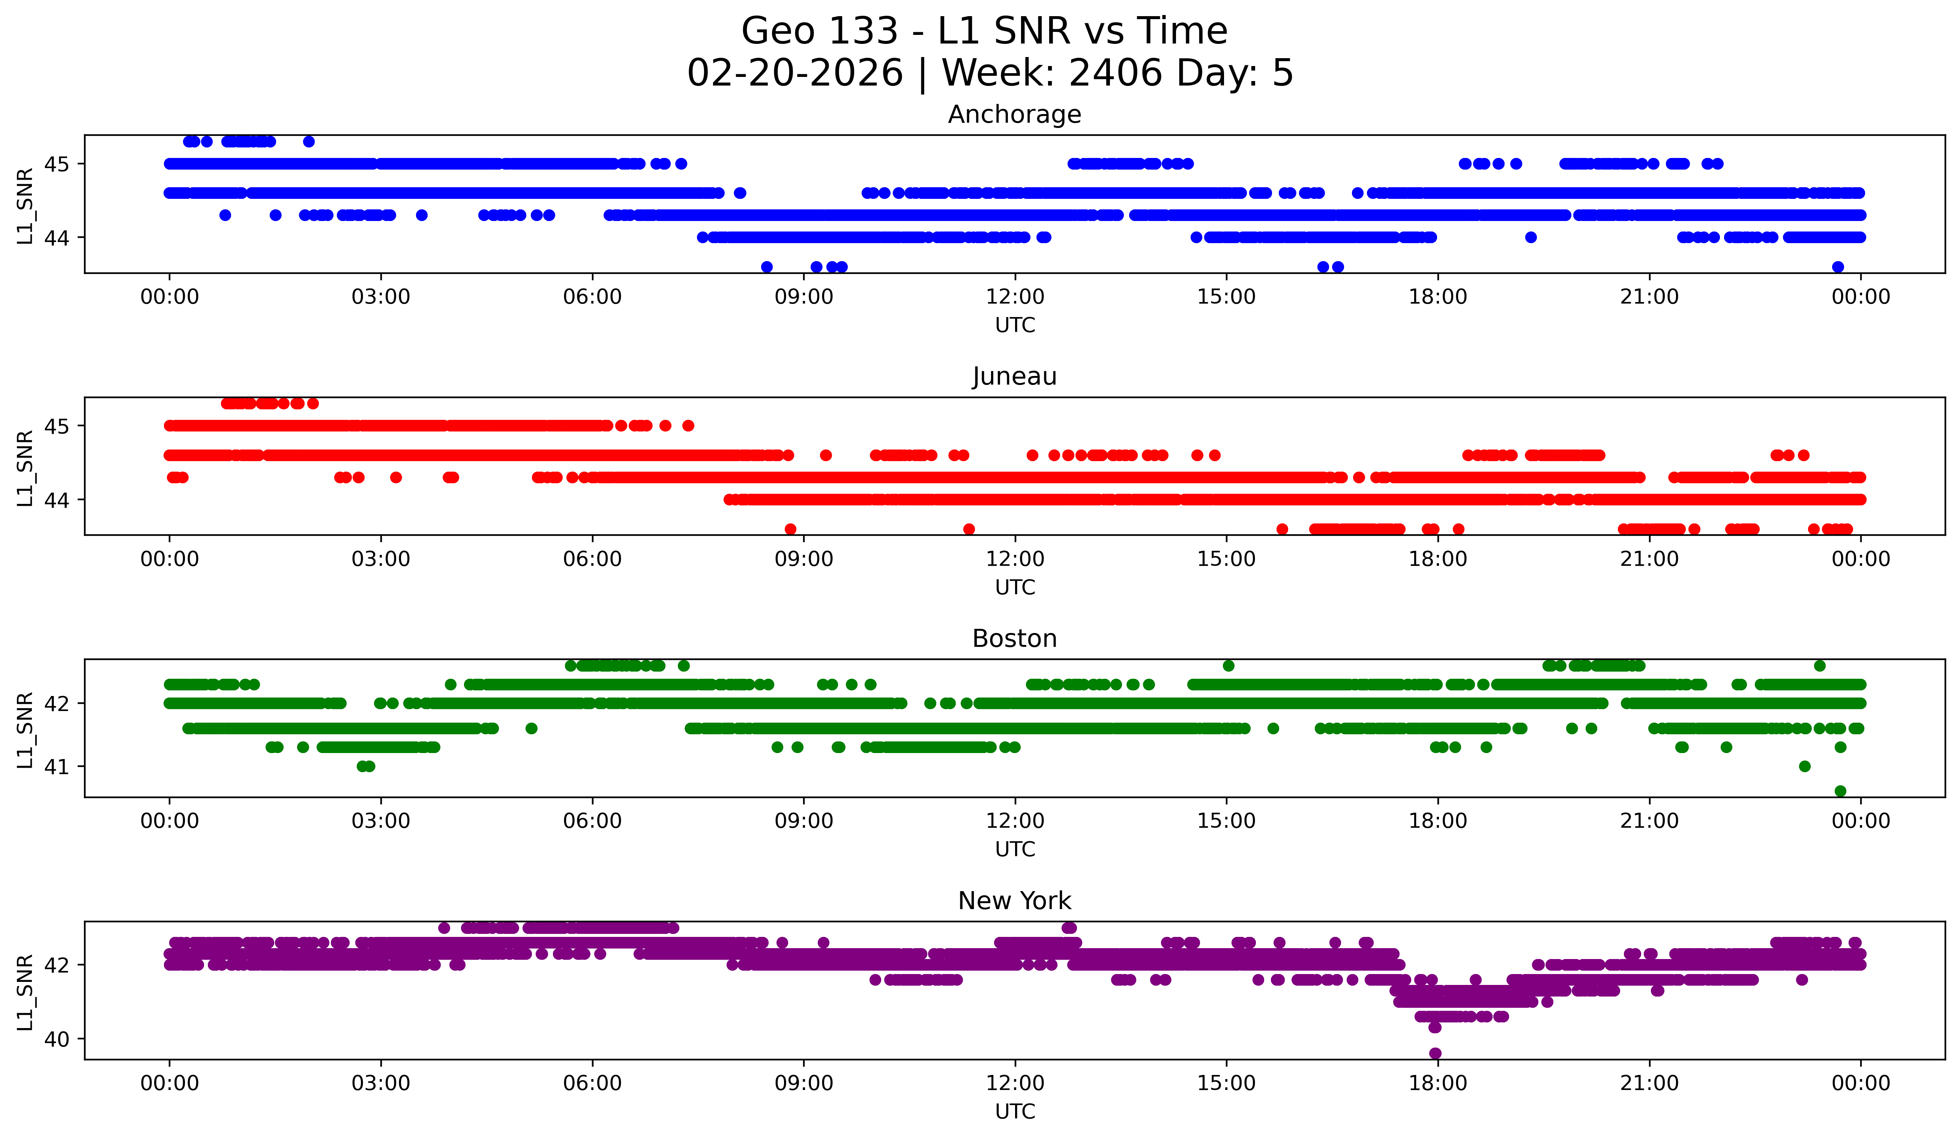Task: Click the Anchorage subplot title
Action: [x=1014, y=114]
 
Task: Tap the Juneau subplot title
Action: [x=1014, y=376]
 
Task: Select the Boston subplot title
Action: [x=1014, y=639]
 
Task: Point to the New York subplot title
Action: [x=1014, y=901]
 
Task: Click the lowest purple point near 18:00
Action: [x=1435, y=1053]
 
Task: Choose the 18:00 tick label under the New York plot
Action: [x=1437, y=1083]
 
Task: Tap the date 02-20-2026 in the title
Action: [x=795, y=73]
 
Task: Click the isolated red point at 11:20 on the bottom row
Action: [x=968, y=529]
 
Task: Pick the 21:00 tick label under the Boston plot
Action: [x=1649, y=821]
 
